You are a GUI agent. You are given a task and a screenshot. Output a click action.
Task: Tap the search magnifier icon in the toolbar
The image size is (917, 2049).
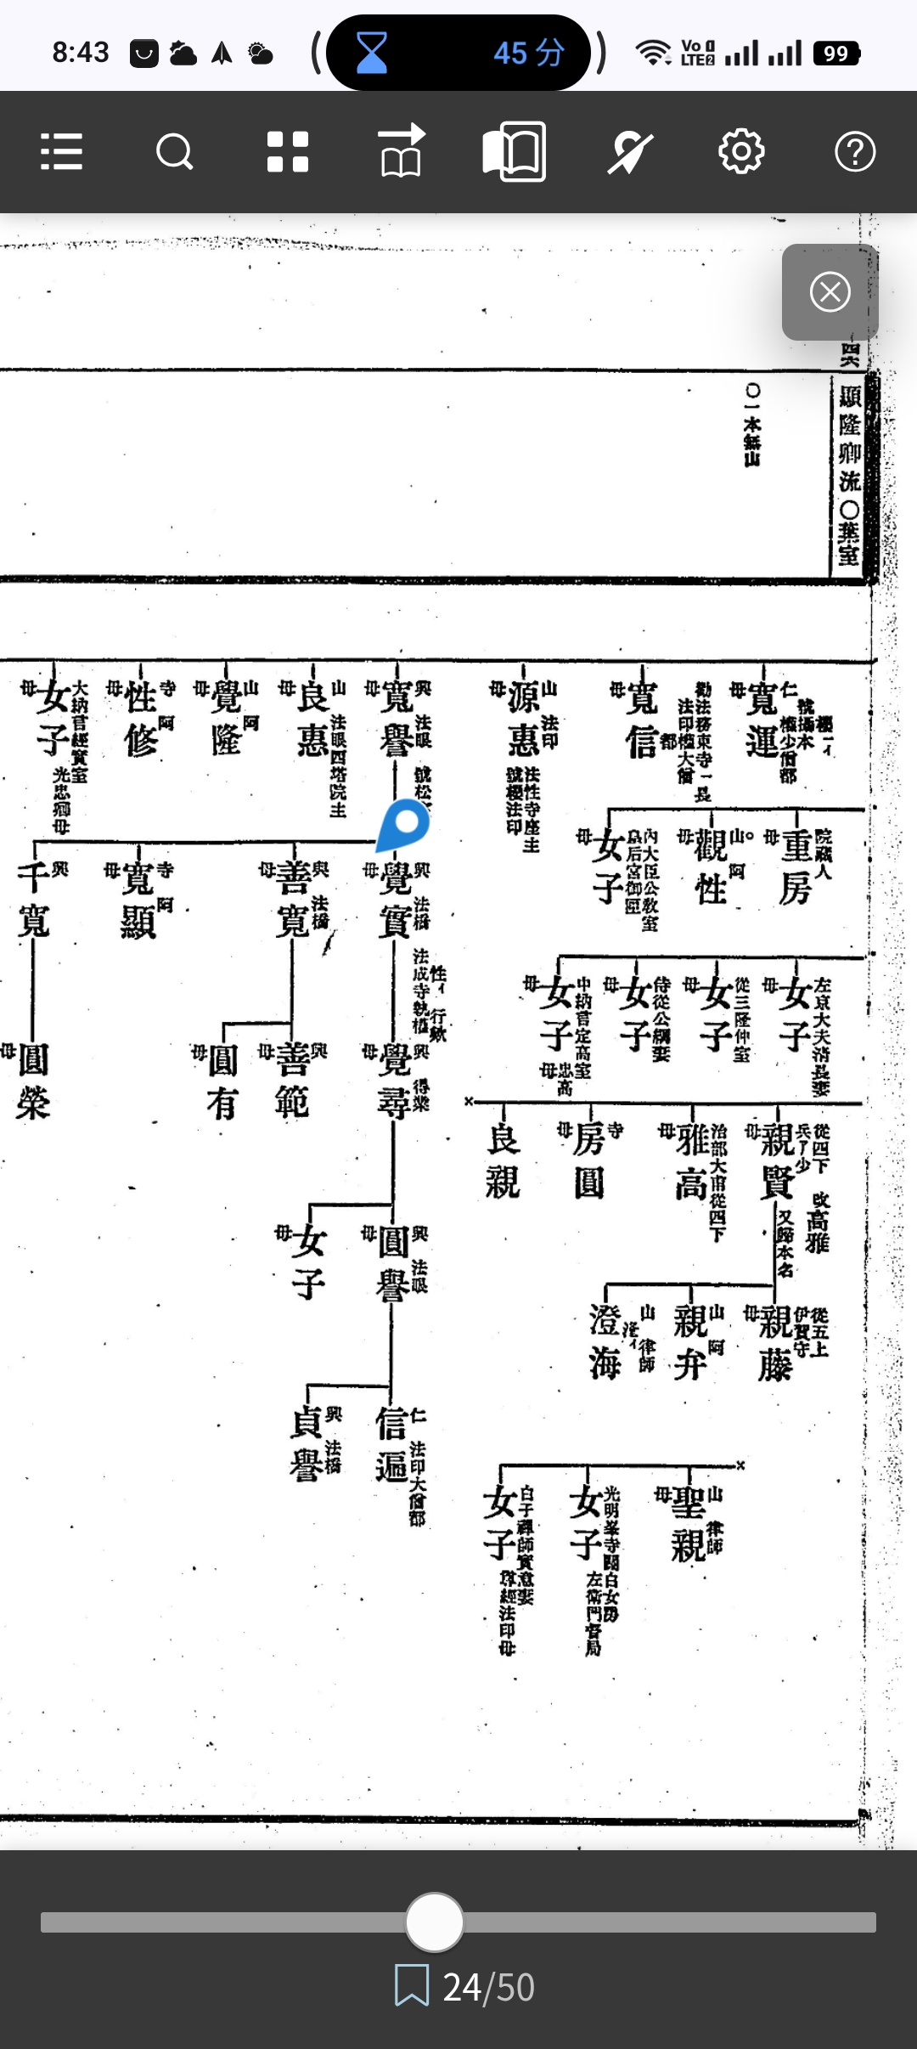(x=175, y=153)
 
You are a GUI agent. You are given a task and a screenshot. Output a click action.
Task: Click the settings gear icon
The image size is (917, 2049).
(x=741, y=152)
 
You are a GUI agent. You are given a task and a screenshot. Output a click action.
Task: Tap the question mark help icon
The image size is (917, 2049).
(x=854, y=152)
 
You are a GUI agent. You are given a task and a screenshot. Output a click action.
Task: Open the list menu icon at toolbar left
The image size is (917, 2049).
(x=62, y=153)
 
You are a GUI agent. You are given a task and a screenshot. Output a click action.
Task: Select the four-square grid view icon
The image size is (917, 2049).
(x=288, y=152)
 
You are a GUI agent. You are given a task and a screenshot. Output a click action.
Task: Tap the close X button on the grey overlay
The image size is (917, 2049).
(x=830, y=292)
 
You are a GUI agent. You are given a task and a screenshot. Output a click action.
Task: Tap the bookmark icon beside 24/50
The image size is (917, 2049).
(x=412, y=1986)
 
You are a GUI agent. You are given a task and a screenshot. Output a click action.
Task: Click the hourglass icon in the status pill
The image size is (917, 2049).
(x=371, y=53)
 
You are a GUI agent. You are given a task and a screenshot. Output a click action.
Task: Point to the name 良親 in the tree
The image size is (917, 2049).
(x=503, y=1160)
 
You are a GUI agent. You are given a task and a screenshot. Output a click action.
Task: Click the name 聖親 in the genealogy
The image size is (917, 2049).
(x=689, y=1525)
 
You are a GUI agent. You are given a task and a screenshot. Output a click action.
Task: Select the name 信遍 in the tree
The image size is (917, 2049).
(x=391, y=1444)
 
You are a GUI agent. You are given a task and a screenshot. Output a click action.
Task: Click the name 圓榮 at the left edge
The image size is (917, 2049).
(x=33, y=1081)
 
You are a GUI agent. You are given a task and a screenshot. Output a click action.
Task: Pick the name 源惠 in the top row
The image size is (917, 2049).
(x=524, y=719)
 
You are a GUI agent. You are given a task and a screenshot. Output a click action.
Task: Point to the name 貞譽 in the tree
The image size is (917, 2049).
(x=307, y=1444)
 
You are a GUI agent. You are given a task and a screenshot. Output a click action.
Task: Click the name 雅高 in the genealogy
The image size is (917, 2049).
(x=692, y=1160)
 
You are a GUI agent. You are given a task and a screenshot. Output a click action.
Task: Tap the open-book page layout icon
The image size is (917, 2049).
(x=514, y=152)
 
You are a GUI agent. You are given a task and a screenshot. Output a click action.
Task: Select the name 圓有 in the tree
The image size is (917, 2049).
(x=222, y=1081)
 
